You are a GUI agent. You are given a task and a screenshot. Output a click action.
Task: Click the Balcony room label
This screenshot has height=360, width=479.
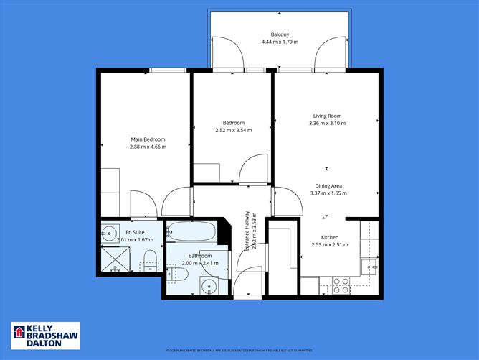(280, 34)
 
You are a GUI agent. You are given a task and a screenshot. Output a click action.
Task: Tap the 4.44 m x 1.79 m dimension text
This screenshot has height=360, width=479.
(280, 42)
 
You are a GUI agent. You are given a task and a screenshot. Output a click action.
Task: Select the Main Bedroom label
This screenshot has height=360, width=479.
(148, 139)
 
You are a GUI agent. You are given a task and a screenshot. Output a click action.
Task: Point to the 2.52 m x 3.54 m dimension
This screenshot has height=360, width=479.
(234, 131)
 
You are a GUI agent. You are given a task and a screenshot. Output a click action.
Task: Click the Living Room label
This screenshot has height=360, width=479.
(327, 116)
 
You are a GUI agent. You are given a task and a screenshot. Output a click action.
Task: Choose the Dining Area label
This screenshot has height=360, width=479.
(327, 185)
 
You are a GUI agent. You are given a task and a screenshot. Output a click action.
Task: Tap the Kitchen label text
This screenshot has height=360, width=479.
(330, 237)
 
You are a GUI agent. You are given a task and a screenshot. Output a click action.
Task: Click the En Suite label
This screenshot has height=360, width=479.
(135, 232)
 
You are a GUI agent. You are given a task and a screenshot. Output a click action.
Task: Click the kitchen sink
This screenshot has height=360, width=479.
(371, 267)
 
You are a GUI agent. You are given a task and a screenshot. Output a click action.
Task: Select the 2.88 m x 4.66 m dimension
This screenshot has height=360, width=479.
(148, 147)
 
